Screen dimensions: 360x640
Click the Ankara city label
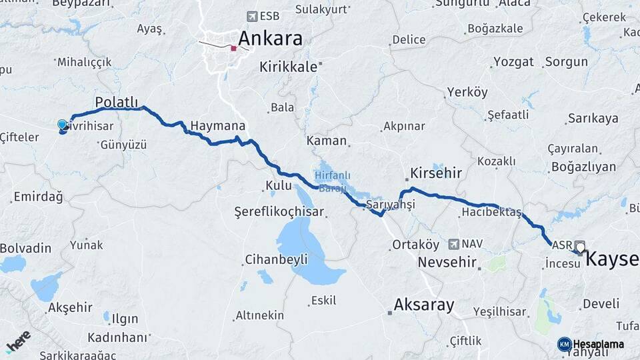coord(270,38)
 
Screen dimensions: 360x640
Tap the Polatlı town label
coord(117,101)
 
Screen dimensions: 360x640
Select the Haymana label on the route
coord(217,126)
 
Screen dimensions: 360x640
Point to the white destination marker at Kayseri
coord(579,247)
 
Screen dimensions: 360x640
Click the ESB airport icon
coord(251,16)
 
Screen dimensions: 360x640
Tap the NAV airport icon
coord(454,245)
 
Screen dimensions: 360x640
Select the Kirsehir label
coord(437,173)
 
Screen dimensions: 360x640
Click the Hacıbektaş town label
coord(491,213)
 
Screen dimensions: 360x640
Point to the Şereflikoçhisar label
coord(279,212)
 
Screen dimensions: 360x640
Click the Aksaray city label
coord(424,305)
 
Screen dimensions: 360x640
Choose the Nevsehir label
coord(447,262)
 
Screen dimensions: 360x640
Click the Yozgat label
coord(513,62)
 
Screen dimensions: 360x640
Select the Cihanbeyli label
coord(276,259)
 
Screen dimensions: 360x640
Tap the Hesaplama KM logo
coord(591,344)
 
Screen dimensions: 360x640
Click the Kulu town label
coord(279,185)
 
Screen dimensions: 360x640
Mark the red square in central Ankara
coord(233,48)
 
